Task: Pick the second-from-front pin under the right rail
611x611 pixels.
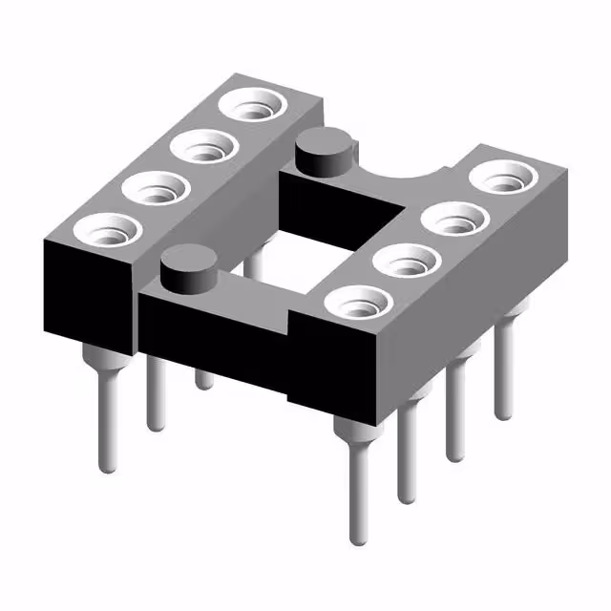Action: (409, 449)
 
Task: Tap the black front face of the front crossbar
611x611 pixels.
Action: (220, 334)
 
